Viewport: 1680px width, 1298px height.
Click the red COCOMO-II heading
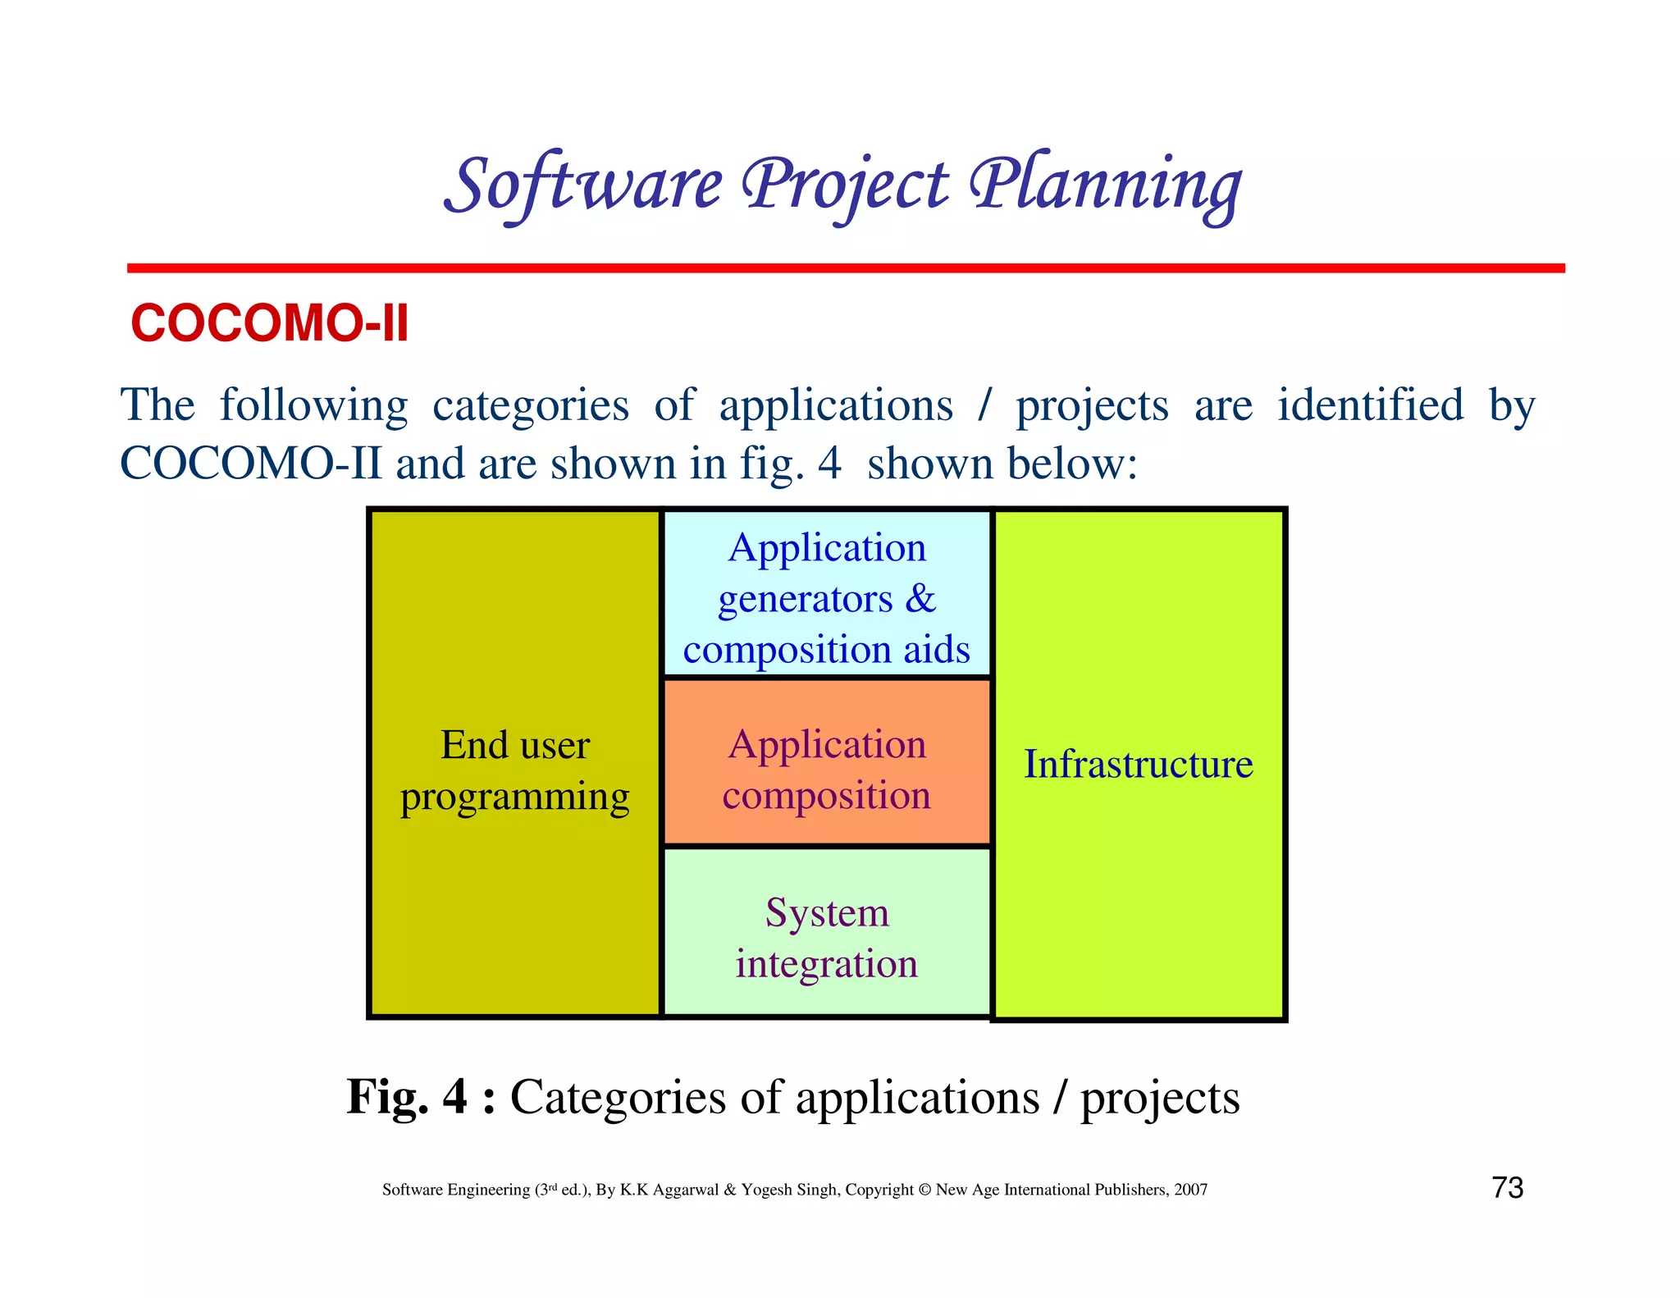tap(269, 323)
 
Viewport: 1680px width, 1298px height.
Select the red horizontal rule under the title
tap(845, 268)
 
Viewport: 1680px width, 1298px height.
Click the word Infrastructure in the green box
tap(1138, 765)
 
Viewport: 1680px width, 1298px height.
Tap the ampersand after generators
tap(920, 598)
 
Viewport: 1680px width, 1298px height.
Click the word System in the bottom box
tap(827, 913)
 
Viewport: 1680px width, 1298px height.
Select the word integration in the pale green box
tap(826, 964)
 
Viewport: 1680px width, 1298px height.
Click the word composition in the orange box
tap(826, 796)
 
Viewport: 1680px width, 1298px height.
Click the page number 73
tap(1507, 1188)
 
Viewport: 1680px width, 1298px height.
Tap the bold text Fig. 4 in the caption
tap(407, 1097)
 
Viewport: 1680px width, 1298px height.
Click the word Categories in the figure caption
tap(618, 1098)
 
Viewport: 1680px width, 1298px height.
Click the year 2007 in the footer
tap(1190, 1190)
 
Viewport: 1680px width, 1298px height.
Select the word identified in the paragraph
tap(1370, 405)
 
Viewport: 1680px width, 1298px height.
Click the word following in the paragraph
tap(313, 405)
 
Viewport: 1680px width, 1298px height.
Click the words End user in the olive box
tap(514, 746)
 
